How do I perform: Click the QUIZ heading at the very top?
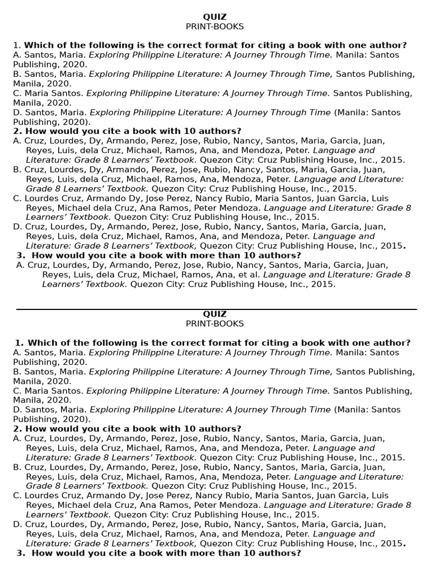point(215,17)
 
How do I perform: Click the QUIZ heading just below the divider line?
point(215,314)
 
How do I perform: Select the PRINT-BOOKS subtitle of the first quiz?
point(215,26)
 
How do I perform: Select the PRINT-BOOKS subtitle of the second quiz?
point(215,323)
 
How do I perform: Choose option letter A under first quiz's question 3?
point(20,265)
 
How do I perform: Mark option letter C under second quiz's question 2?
point(17,496)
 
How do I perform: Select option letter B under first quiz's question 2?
point(17,169)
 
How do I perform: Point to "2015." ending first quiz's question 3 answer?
point(324,284)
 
